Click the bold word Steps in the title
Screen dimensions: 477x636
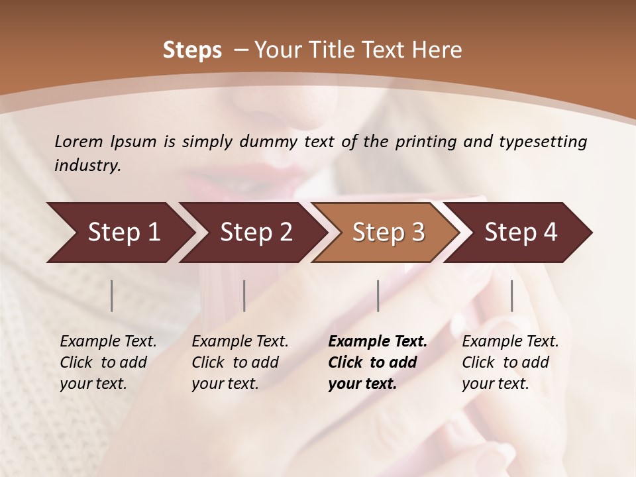(x=192, y=50)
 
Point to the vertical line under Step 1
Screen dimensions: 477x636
(x=112, y=295)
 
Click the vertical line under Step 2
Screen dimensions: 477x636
(x=244, y=295)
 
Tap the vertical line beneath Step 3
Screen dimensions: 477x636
(x=378, y=295)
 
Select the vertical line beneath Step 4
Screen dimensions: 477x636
(x=512, y=295)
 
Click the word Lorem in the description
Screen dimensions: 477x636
(x=79, y=142)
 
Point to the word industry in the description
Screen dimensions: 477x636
(x=87, y=166)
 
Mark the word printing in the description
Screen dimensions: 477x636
(x=432, y=142)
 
